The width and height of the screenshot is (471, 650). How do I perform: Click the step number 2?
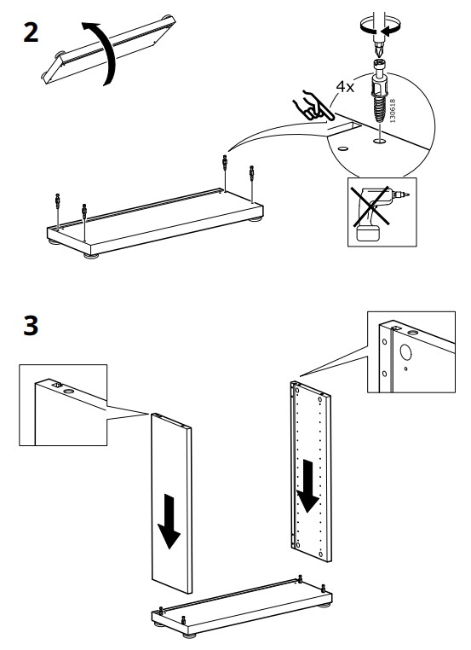(x=31, y=32)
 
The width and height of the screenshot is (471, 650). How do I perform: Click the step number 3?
(x=31, y=325)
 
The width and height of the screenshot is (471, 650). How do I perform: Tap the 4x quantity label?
(x=345, y=87)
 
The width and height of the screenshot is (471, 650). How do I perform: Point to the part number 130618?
(x=393, y=111)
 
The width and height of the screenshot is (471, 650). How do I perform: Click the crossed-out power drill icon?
(x=382, y=212)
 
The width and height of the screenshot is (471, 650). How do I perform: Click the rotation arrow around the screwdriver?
(x=380, y=27)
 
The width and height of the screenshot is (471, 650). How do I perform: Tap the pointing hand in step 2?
(x=311, y=106)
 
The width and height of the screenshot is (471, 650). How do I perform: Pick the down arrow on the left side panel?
(x=169, y=520)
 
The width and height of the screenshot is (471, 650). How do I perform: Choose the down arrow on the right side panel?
(x=308, y=485)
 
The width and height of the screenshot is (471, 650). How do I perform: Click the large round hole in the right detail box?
(x=405, y=352)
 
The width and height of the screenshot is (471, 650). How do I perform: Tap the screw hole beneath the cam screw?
(x=378, y=142)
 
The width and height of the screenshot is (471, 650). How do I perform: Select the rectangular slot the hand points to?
(x=344, y=127)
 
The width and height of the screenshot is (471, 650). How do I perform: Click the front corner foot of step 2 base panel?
(x=91, y=256)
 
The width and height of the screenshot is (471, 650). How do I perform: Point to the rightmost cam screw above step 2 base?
(x=251, y=173)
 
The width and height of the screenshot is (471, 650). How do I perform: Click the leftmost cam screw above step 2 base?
(x=58, y=201)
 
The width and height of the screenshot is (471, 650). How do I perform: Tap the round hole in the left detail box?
(x=69, y=391)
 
